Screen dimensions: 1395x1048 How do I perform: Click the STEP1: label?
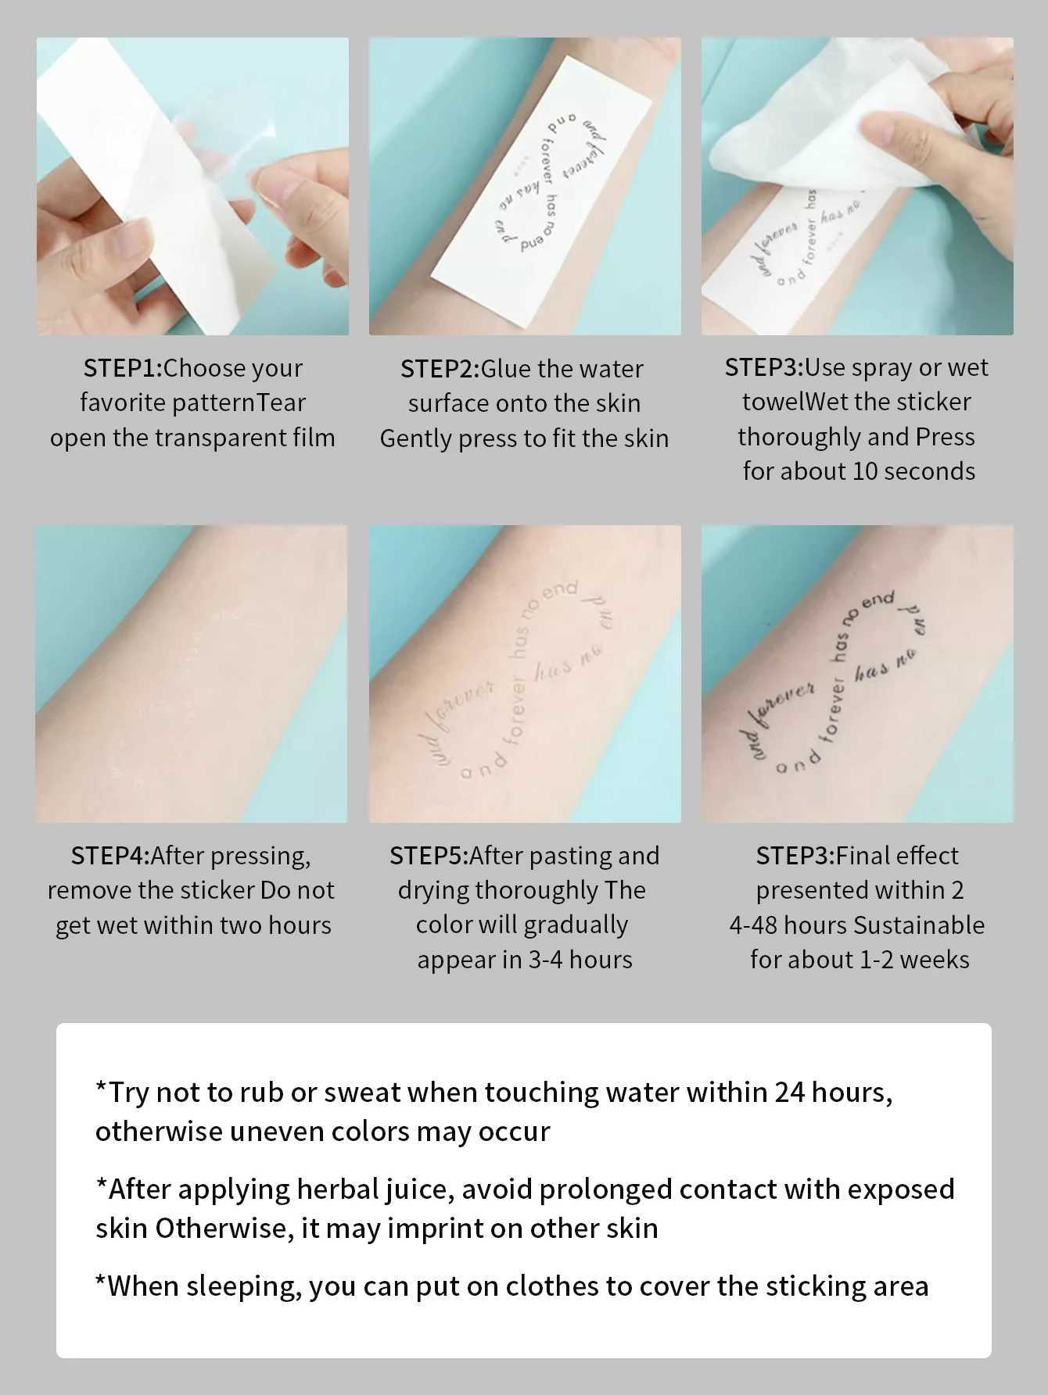(122, 368)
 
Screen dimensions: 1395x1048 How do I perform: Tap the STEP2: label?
(440, 369)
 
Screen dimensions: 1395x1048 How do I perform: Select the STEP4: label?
(109, 856)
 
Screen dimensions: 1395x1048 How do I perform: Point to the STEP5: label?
(429, 856)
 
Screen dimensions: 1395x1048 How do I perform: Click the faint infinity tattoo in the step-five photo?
(520, 680)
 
